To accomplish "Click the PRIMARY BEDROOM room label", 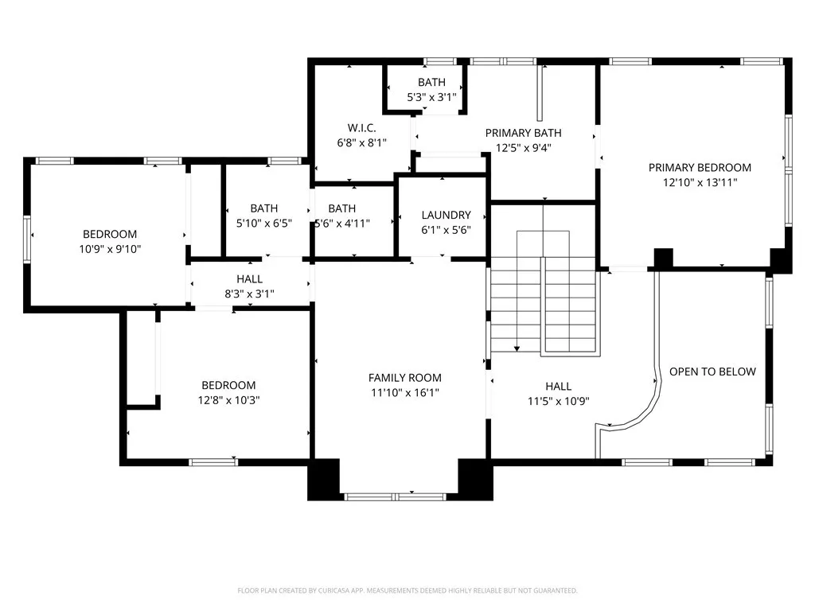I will point(700,167).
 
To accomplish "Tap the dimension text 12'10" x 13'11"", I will point(700,182).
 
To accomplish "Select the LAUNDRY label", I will point(446,215).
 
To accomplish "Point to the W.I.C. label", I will point(361,128).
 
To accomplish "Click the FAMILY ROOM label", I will point(404,378).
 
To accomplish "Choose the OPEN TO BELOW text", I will point(712,372).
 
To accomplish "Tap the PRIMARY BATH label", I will point(523,133).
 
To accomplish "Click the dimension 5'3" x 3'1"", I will point(431,97).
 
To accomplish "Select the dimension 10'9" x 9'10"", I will point(110,249).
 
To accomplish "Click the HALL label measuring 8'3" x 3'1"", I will point(249,279).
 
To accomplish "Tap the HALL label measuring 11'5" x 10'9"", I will point(558,387).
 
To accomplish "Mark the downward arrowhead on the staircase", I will point(517,348).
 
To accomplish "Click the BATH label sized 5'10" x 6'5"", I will point(263,208).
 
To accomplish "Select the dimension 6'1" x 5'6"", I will point(446,230).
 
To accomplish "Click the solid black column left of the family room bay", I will point(323,479).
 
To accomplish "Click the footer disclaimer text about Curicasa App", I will point(407,590).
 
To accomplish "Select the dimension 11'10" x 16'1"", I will point(404,392).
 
